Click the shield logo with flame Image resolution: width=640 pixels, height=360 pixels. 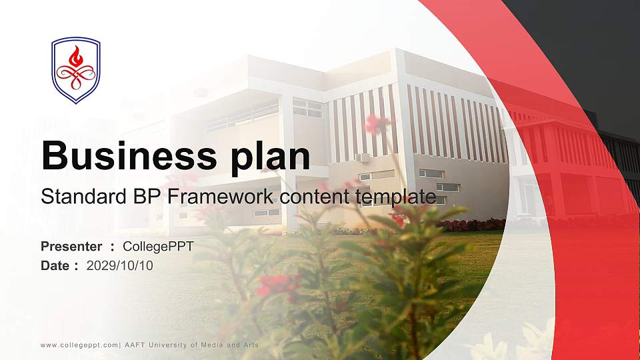click(x=76, y=70)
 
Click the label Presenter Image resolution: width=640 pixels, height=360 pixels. click(x=71, y=247)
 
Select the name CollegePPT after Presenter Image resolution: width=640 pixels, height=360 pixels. click(x=158, y=247)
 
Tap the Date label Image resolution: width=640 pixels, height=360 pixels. click(x=56, y=266)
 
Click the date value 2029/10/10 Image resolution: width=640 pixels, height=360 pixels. click(x=120, y=266)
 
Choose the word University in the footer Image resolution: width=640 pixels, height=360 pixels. click(x=168, y=345)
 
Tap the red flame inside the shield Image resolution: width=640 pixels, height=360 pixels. click(x=76, y=55)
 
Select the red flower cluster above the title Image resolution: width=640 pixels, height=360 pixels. click(x=377, y=123)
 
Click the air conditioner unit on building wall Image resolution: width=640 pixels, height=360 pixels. click(x=363, y=158)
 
